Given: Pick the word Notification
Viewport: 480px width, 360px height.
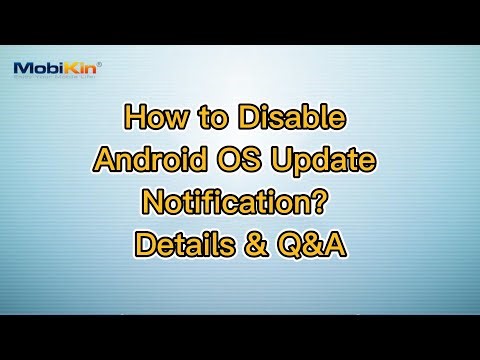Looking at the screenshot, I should [231, 200].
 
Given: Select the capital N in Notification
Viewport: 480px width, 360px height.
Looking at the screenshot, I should [154, 200].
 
